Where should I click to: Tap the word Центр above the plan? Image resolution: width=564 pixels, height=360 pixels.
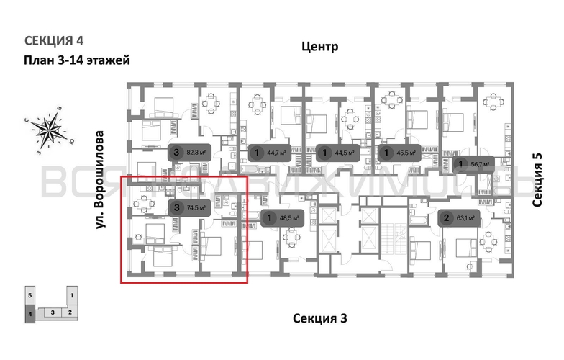319,48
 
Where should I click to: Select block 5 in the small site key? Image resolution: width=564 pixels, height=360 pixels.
30,296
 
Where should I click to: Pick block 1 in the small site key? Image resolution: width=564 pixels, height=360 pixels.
71,296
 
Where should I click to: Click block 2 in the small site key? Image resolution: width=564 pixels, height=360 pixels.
70,312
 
